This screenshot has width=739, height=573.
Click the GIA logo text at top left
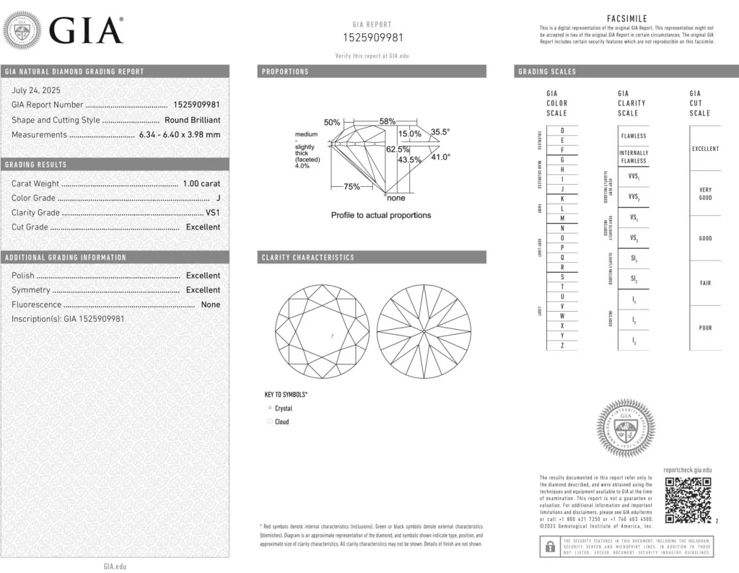click(x=85, y=30)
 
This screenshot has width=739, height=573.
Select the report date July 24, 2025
click(x=36, y=91)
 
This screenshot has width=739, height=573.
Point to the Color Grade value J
click(x=218, y=198)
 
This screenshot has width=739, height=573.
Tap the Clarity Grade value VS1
click(x=213, y=212)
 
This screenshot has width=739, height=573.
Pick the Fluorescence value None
click(x=211, y=305)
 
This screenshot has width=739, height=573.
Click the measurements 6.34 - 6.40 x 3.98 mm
click(x=180, y=134)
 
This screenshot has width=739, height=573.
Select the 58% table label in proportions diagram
click(x=388, y=122)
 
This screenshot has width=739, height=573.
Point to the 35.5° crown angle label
click(x=440, y=132)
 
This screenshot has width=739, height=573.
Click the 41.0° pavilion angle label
click(x=440, y=157)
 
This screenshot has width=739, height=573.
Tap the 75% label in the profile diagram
click(x=351, y=187)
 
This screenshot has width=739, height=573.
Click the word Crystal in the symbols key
click(x=284, y=408)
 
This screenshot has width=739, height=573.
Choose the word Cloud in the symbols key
click(x=281, y=421)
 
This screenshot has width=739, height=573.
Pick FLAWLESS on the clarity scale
click(x=634, y=136)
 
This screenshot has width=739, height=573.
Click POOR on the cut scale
click(x=705, y=328)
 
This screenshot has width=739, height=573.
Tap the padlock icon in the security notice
click(x=550, y=547)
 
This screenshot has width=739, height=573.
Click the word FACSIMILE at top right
click(x=627, y=19)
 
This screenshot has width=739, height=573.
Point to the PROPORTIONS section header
click(x=285, y=71)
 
